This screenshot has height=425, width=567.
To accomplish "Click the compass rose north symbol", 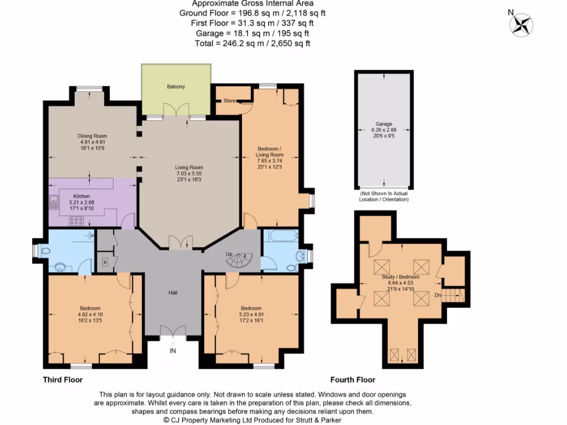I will coord(522,24).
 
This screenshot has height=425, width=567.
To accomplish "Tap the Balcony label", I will coord(176,87).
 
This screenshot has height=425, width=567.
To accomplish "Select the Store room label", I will coord(229,101).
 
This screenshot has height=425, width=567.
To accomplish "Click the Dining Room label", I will coord(93,136).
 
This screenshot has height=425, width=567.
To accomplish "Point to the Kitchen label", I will coord(82,196).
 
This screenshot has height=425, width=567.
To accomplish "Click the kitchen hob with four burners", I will coord(76,221).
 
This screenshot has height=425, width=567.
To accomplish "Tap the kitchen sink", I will coord(54,204).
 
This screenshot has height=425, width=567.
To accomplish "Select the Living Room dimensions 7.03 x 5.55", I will coord(189,174).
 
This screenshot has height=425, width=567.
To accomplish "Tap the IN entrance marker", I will coord(173,350).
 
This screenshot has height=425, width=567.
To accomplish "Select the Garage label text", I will coord(384,124).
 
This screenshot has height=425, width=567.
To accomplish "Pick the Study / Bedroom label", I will coord(400,277).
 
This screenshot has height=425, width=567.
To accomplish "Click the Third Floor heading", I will coord(63,380).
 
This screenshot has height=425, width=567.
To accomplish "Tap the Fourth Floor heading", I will coord(353,380).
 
